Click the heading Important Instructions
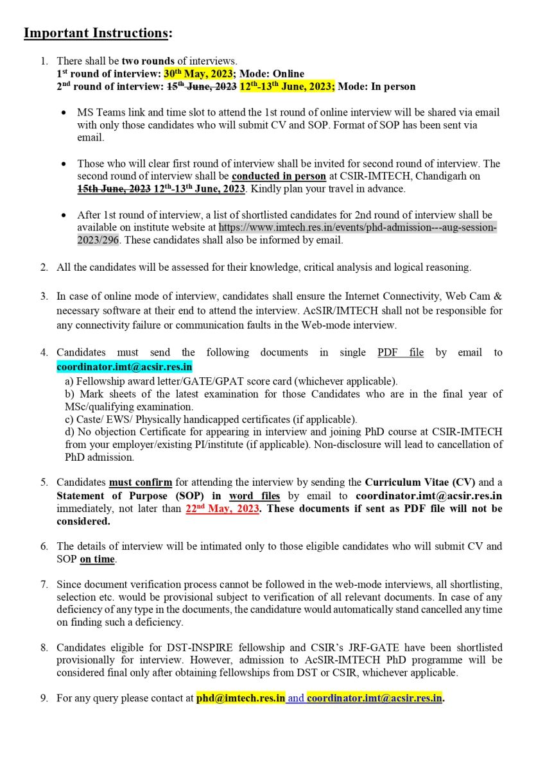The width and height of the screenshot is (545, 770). pos(98,33)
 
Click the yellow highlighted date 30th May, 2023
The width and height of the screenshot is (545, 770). pos(198,74)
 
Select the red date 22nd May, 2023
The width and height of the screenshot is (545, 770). pos(222,508)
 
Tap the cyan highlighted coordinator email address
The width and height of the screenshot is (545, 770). pos(125,367)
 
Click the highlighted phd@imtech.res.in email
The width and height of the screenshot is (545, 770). pos(241,698)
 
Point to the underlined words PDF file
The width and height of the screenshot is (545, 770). pos(401,352)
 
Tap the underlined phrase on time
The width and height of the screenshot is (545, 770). pos(97,559)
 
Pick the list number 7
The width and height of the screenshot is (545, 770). pos(44,584)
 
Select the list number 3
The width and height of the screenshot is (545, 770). pos(44,296)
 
